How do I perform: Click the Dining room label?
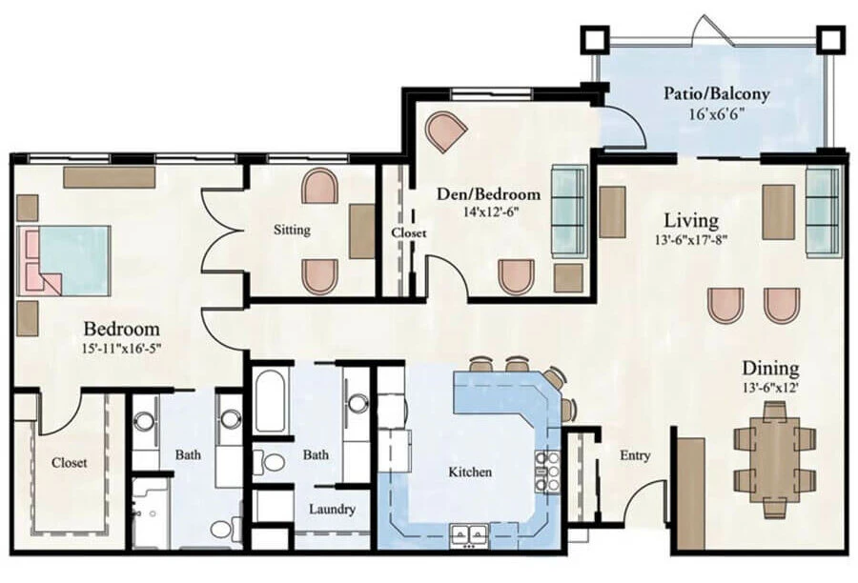pos(770,368)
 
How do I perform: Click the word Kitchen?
pos(470,472)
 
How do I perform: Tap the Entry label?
pos(635,455)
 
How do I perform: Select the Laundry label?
pos(332,509)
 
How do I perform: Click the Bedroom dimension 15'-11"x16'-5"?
pos(120,349)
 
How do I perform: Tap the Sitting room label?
pos(292,230)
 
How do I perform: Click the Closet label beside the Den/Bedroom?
pos(409,232)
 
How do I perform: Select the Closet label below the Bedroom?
pos(70,463)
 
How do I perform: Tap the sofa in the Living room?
pos(823,211)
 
